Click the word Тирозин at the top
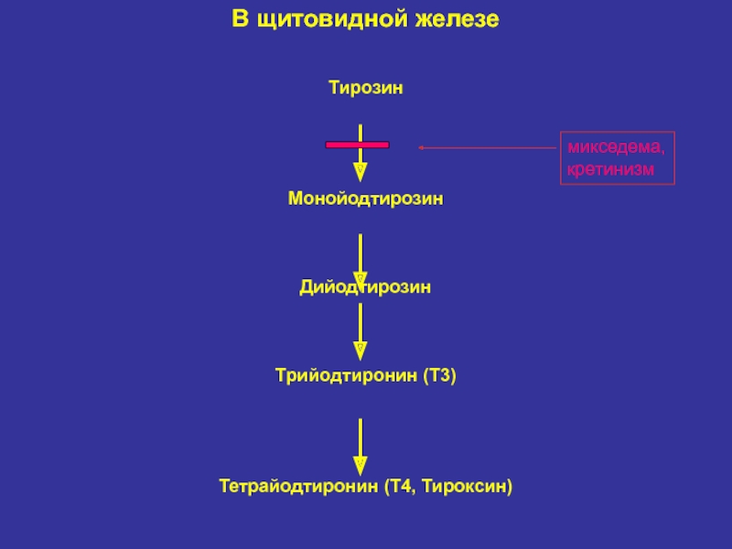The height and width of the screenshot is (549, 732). pyautogui.click(x=366, y=89)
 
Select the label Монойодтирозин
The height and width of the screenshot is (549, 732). pyautogui.click(x=366, y=199)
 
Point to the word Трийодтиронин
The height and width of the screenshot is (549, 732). pyautogui.click(x=346, y=375)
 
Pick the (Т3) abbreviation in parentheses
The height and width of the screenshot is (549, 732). pyautogui.click(x=439, y=375)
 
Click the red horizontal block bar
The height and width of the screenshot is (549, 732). pyautogui.click(x=358, y=145)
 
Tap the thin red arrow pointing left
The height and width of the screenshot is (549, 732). pyautogui.click(x=485, y=146)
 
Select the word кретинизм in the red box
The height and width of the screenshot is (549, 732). pyautogui.click(x=611, y=169)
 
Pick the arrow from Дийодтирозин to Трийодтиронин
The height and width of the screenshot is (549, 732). pyautogui.click(x=361, y=329)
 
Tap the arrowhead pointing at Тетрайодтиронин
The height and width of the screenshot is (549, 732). pyautogui.click(x=361, y=465)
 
